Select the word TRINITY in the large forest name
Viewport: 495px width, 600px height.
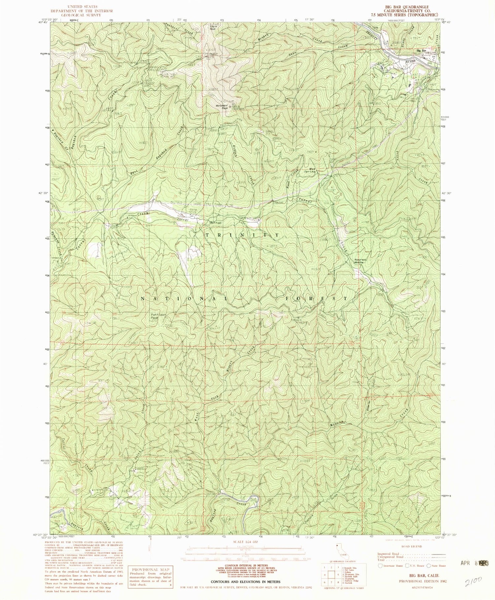(x=243, y=235)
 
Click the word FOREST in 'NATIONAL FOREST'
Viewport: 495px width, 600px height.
(x=316, y=299)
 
